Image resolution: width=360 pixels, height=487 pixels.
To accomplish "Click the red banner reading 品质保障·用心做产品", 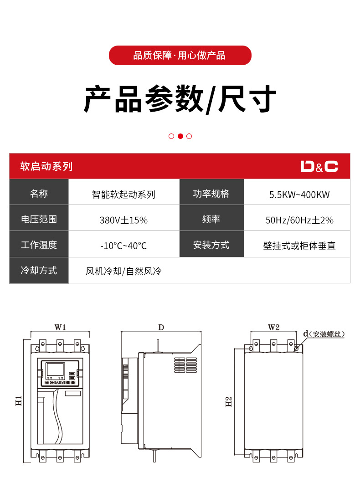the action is click(x=180, y=56).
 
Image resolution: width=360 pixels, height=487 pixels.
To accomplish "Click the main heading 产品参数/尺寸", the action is click(x=180, y=99).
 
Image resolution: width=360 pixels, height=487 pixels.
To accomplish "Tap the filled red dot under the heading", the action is click(x=180, y=136).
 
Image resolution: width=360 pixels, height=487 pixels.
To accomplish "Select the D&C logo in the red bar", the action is click(x=319, y=166).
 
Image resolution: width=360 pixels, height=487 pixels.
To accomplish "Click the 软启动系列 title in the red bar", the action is click(x=46, y=166).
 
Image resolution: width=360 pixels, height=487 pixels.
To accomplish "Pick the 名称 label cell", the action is click(x=39, y=194).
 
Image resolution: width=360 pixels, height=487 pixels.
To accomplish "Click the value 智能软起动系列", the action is click(x=123, y=195).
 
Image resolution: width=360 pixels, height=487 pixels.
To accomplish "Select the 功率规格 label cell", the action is click(x=211, y=194).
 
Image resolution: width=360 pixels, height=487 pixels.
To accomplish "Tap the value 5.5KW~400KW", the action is click(x=299, y=195).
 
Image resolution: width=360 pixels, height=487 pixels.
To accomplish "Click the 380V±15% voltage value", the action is click(x=123, y=220).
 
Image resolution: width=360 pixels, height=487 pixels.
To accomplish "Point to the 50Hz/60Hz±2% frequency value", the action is click(x=299, y=220).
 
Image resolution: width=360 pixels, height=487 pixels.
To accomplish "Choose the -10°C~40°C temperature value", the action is click(x=123, y=246).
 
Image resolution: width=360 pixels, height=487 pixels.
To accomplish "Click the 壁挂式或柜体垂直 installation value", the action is click(x=299, y=246).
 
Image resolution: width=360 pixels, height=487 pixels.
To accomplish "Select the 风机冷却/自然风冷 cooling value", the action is click(x=123, y=272).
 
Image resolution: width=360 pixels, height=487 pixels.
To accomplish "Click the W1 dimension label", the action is click(x=61, y=327).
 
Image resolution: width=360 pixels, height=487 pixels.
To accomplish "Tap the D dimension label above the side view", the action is click(x=161, y=327).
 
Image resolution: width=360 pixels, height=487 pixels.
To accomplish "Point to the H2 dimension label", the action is click(x=229, y=401).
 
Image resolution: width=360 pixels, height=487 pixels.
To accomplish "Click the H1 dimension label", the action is click(x=19, y=401).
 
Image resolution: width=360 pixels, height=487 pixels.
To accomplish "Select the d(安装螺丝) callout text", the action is click(x=324, y=334).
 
